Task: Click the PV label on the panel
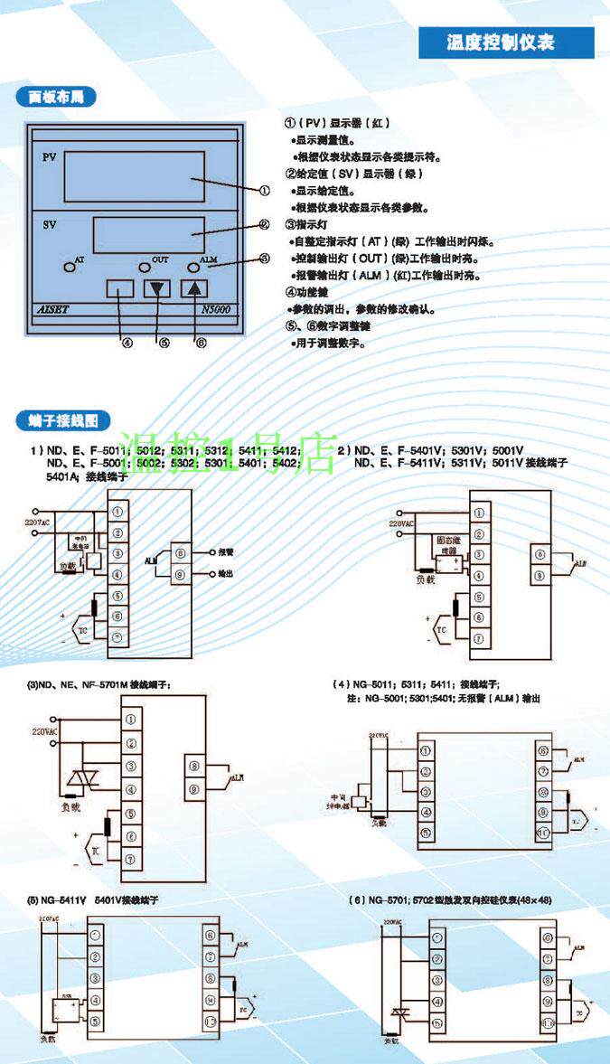point(50,157)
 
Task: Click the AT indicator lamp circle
point(70,268)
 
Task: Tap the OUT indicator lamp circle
point(145,268)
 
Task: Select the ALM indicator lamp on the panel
point(193,268)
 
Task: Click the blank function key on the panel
point(119,289)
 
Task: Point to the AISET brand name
point(61,308)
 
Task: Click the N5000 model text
point(218,308)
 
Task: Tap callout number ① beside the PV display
point(264,191)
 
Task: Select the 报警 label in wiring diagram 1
point(226,551)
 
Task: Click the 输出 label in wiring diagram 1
point(226,573)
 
